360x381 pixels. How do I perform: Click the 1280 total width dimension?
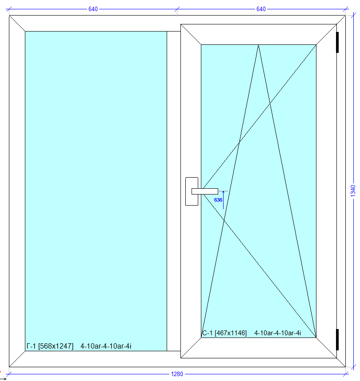coord(177,374)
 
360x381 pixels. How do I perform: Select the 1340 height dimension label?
coord(353,191)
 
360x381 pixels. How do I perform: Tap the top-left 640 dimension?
coord(93,9)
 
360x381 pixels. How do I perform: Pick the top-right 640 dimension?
coord(261,9)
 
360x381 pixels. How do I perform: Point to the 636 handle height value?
coord(218,200)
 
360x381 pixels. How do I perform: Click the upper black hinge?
coord(337,42)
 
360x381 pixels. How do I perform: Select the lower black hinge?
coord(337,340)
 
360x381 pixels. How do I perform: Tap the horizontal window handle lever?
coord(205,191)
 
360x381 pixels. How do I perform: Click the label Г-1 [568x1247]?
coord(50,346)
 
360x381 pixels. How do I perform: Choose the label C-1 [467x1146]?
coord(224,333)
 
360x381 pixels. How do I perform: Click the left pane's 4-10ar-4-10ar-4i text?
coord(106,346)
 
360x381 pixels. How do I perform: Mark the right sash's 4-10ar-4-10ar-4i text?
coord(277,333)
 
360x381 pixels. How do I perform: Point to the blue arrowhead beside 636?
coord(223,192)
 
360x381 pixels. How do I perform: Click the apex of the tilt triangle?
coord(258,45)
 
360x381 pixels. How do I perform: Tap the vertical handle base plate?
coord(192,191)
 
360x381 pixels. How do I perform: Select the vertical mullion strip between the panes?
coord(174,191)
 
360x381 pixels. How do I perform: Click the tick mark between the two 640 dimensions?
coord(177,9)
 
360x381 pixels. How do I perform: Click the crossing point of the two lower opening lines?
coord(224,220)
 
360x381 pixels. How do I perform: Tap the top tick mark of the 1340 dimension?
coord(353,15)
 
